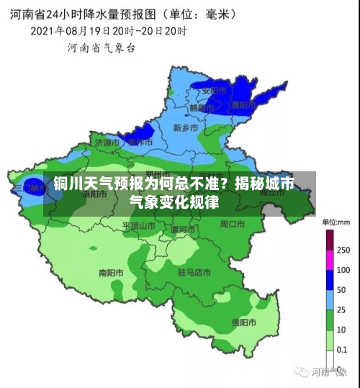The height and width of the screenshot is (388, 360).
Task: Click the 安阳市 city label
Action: (214, 91)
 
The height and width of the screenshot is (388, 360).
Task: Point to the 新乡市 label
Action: (186, 127)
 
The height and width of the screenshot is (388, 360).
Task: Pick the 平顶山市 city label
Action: (138, 225)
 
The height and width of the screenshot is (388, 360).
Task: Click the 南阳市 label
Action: (111, 273)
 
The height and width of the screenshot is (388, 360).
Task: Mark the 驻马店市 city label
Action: (194, 273)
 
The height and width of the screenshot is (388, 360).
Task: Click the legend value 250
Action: (343, 250)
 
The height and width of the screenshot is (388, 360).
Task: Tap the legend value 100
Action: (343, 269)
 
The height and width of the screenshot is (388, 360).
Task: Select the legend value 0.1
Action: (343, 348)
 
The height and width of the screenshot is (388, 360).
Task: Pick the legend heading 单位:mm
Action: (335, 222)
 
